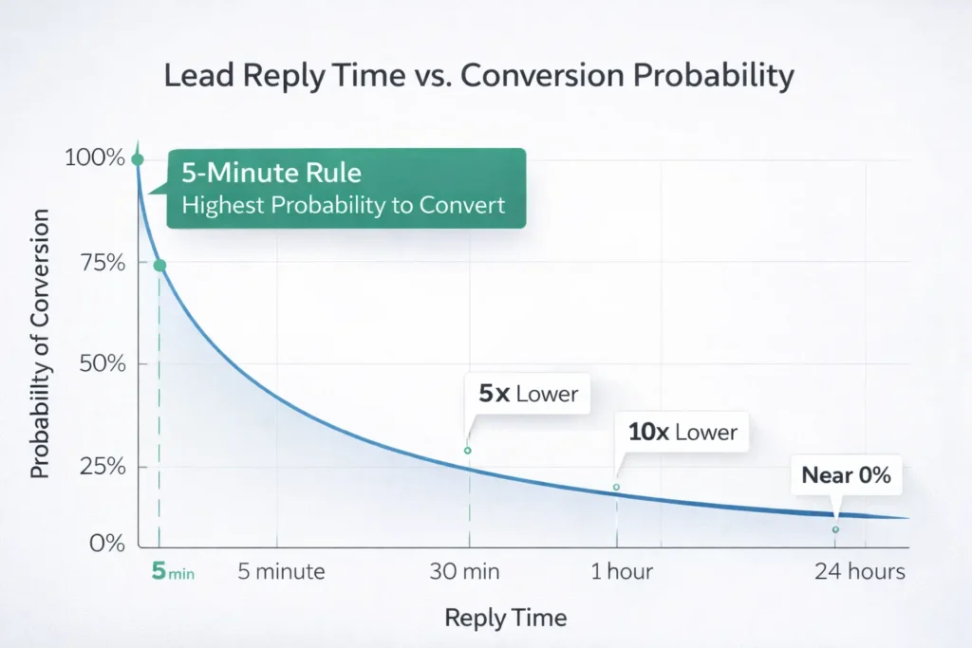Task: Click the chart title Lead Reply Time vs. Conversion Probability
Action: coord(478,76)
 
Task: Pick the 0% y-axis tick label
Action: coord(106,544)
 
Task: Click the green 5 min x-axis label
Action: coord(173,572)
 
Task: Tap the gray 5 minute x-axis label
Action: coord(281,572)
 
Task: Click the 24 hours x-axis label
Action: coord(861,572)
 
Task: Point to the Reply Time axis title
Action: coord(506,619)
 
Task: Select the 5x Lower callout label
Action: coord(528,394)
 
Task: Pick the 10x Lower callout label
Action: coord(682,432)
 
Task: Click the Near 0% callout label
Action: coord(846,475)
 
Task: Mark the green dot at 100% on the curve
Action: coord(138,159)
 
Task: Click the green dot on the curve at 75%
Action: coord(159,266)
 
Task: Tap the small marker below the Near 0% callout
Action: coord(835,529)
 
